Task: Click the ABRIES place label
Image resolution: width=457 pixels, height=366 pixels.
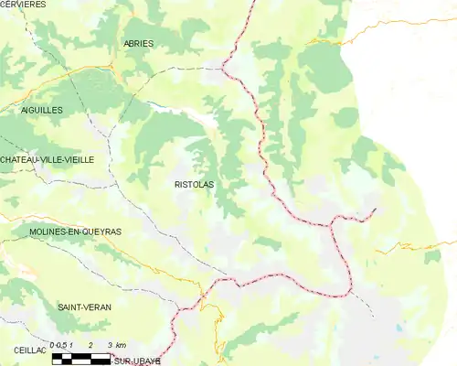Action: pos(139,43)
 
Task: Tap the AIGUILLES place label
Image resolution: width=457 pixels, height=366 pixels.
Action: pos(41,109)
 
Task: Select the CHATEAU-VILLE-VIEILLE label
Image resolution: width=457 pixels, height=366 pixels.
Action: pos(47,159)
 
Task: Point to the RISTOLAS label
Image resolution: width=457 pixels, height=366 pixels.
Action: pos(194,184)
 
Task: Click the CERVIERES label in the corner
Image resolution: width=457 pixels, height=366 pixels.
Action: pos(23,5)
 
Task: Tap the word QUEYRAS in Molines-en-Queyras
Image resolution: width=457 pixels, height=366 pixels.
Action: pos(100,232)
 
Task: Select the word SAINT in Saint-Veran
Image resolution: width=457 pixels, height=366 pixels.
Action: pos(69,307)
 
